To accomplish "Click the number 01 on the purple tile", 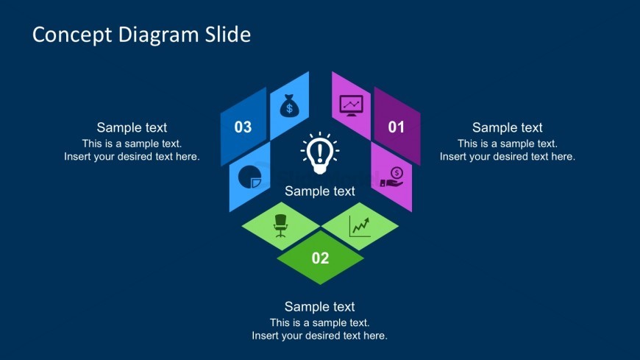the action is click(396, 127).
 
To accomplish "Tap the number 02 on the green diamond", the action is click(320, 258).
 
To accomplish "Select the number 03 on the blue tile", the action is click(243, 127).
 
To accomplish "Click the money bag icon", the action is click(289, 105).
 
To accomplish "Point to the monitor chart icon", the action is click(351, 106).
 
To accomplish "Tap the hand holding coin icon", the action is click(392, 177).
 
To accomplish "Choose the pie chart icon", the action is click(250, 177).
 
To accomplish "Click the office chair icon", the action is click(280, 225).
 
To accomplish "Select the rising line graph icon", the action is click(360, 226).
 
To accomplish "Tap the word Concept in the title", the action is click(72, 35).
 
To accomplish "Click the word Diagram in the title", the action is click(158, 35).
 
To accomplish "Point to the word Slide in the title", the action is click(228, 35).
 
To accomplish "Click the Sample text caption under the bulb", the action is click(320, 191).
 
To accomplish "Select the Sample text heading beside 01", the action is click(508, 127).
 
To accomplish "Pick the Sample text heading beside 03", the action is click(132, 127).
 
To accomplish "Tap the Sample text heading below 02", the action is click(319, 306).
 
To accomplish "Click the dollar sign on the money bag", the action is click(289, 108).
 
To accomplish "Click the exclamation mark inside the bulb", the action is click(320, 151).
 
